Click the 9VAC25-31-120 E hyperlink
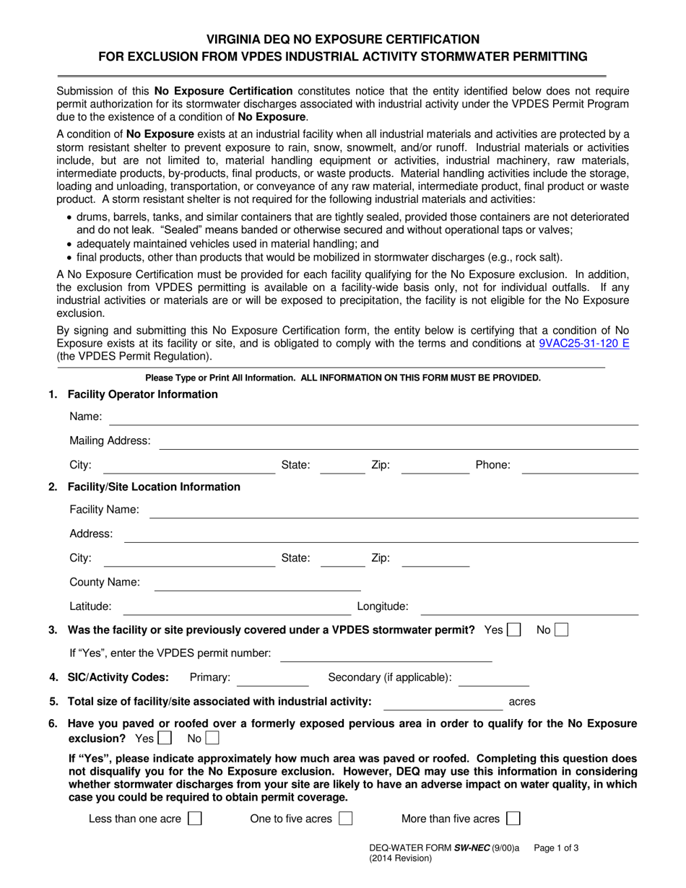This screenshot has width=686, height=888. coord(583,344)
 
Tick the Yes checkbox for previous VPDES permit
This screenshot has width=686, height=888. coord(514,630)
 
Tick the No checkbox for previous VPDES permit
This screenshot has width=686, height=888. coord(561,630)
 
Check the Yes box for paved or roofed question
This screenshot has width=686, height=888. coord(165,739)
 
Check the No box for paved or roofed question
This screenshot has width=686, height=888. coord(212,739)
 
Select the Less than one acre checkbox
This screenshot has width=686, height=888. coord(194,819)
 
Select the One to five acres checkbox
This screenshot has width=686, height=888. coord(346,819)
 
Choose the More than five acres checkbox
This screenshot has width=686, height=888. coord(513,819)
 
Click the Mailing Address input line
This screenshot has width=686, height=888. coord(398,441)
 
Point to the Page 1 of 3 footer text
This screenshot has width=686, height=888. coord(556,849)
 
